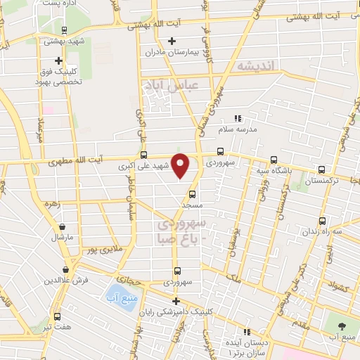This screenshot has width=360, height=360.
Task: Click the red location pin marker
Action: (181, 165)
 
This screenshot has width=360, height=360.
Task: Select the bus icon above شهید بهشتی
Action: (64, 30)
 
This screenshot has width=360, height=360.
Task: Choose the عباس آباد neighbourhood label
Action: (171, 86)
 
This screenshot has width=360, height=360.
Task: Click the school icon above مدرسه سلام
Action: (238, 118)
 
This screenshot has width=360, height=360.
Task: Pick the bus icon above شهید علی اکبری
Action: (144, 155)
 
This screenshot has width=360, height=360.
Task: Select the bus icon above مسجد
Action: (192, 193)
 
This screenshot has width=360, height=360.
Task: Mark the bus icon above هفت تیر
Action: (58, 317)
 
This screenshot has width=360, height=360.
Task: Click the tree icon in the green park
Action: (342, 326)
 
